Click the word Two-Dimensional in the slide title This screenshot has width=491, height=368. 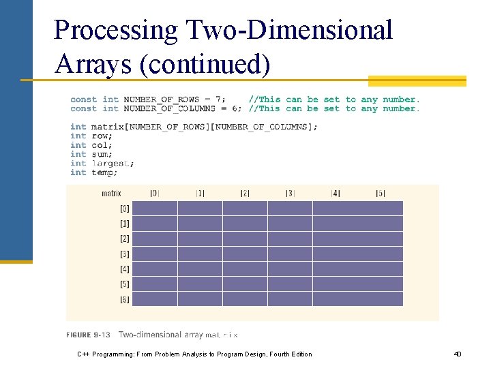[286, 30]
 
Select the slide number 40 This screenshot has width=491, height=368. [458, 354]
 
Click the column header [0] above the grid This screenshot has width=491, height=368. [155, 194]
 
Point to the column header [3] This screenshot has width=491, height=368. [290, 194]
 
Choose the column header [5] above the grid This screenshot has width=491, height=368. [381, 194]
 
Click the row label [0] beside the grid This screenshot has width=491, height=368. [125, 209]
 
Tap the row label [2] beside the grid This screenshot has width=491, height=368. [125, 239]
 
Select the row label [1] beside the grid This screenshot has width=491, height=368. [125, 224]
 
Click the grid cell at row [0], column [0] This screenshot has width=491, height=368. [155, 208]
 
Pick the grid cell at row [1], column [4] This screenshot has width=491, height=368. [335, 224]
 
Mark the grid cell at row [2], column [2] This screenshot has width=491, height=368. [245, 239]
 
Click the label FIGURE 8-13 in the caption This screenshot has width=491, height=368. [88, 335]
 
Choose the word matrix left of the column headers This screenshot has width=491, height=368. [111, 194]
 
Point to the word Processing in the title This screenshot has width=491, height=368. [115, 30]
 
